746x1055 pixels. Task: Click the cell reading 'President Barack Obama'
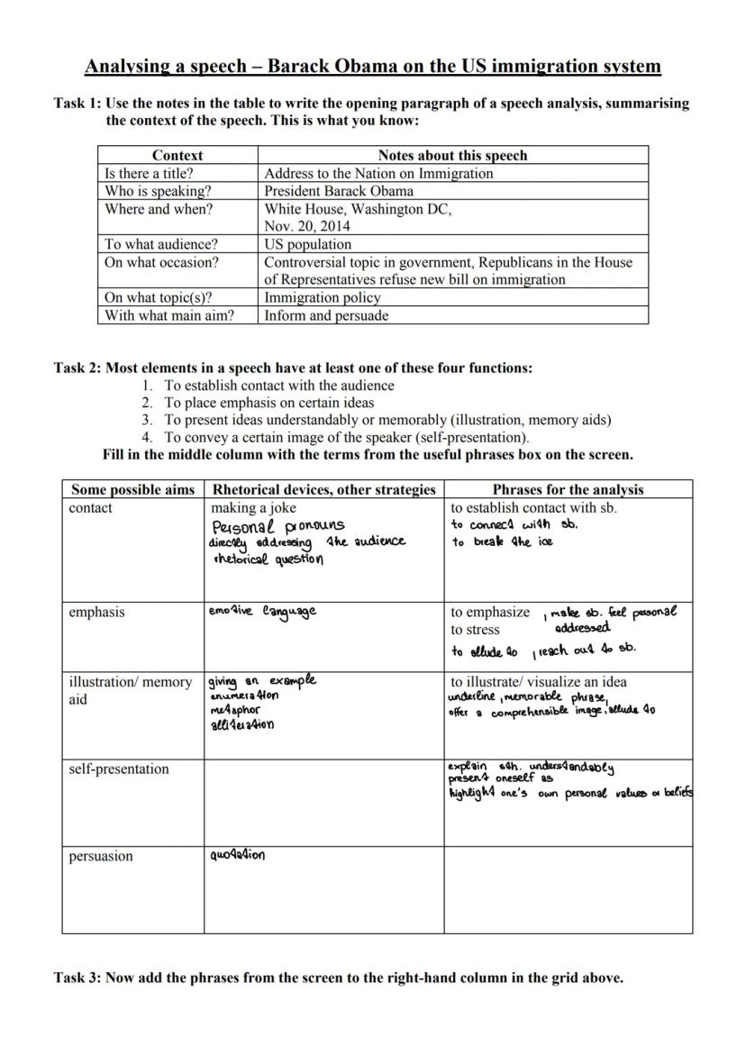coord(339,191)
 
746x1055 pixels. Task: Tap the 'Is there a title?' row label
coord(149,173)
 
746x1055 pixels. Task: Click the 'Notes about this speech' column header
coord(452,155)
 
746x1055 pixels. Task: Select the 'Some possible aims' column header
coord(132,489)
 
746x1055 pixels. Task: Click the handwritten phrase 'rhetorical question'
coord(268,559)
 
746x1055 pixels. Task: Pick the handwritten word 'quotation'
coord(237,856)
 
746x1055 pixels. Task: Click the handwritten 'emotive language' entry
coord(262,612)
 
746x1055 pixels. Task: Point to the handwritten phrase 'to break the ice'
coord(502,541)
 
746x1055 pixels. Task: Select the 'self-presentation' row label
coord(118,769)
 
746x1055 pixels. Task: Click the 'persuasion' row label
coord(101,856)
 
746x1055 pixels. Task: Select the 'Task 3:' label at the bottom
coord(77,978)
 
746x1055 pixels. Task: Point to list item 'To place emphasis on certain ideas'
coord(268,403)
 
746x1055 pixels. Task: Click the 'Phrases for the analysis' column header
coord(568,489)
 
